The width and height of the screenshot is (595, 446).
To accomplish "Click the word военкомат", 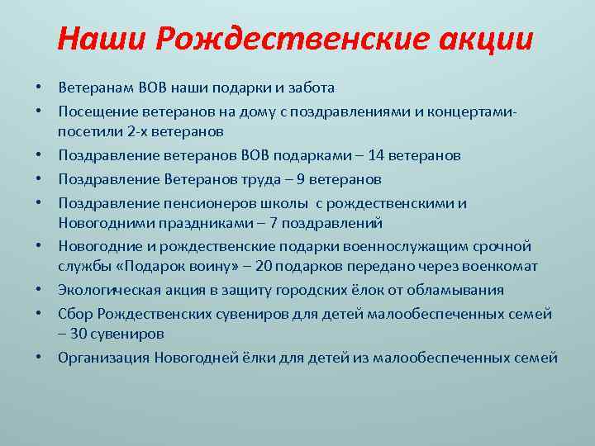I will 500,267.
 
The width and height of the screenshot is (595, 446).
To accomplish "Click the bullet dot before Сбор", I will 40,315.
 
